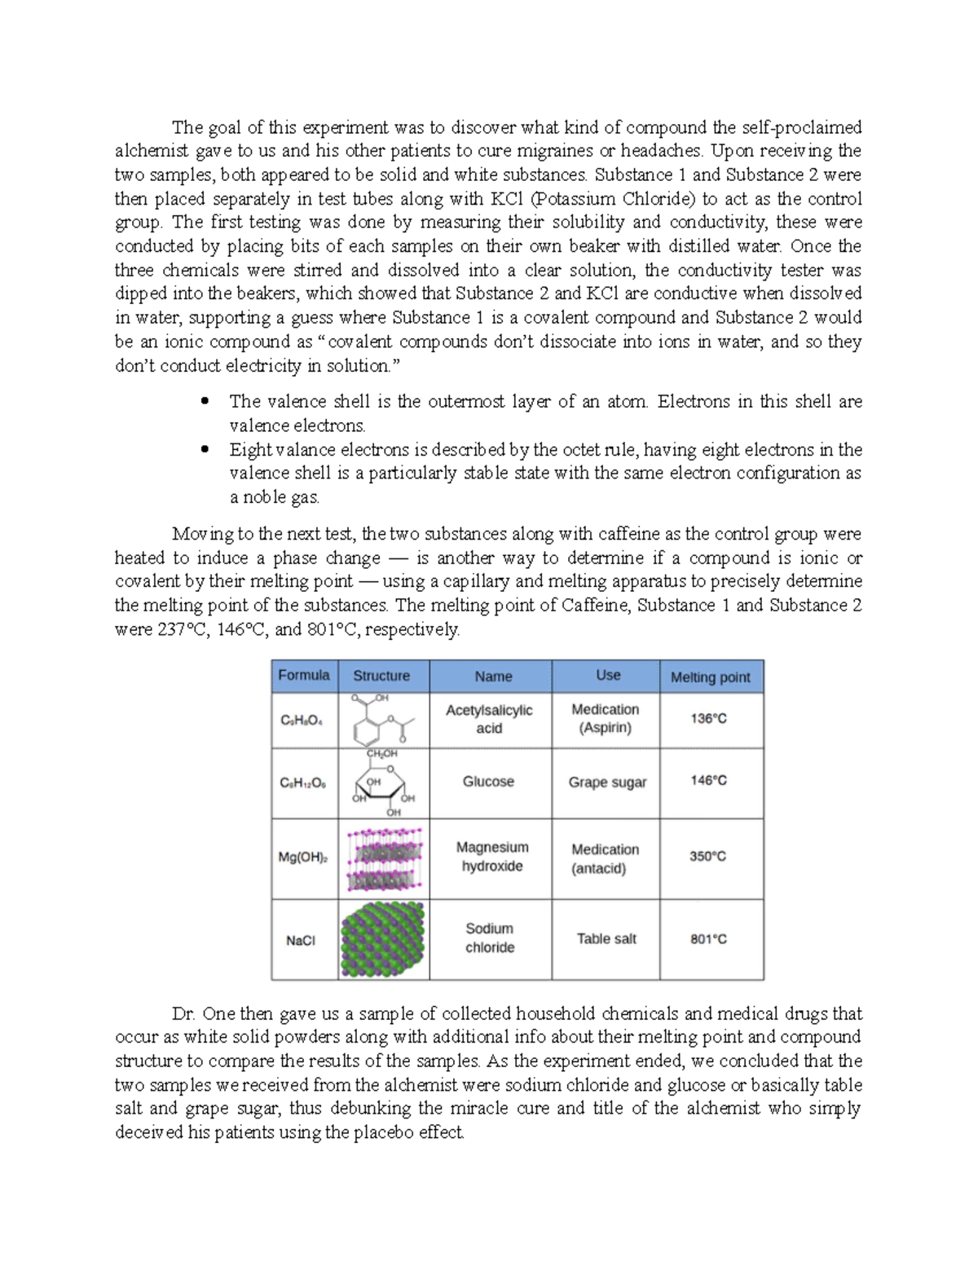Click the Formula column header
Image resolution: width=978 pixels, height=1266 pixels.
[304, 675]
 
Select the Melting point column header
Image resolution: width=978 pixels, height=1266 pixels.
[710, 677]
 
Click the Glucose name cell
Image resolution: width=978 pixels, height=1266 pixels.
[488, 781]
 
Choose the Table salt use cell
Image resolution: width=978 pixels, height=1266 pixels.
[606, 938]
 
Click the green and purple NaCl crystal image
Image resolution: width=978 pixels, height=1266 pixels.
[383, 940]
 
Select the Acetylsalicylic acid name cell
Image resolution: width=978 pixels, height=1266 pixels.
[489, 719]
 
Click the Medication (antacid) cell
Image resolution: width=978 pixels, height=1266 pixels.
[605, 858]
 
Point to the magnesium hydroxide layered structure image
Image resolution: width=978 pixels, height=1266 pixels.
[383, 858]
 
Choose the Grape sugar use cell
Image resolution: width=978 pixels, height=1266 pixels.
[607, 782]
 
